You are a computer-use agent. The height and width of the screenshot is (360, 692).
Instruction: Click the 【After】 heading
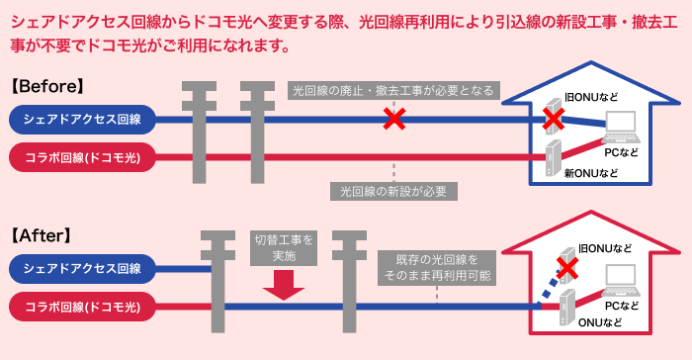click(x=43, y=236)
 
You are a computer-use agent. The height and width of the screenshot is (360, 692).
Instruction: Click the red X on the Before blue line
click(x=394, y=120)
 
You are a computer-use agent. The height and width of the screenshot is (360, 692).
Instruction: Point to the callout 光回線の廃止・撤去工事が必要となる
click(x=393, y=91)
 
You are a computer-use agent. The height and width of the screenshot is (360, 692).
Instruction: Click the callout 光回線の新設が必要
click(x=393, y=189)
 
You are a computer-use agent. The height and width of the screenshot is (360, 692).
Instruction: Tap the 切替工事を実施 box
click(x=283, y=248)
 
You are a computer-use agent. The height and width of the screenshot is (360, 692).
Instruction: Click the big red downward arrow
click(x=282, y=287)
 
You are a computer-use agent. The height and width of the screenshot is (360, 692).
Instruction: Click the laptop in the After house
click(x=623, y=276)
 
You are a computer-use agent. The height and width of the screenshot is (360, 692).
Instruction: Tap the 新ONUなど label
click(x=590, y=174)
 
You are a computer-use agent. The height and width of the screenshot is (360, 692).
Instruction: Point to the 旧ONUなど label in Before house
click(x=590, y=95)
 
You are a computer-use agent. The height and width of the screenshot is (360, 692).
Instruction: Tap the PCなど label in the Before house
click(x=622, y=153)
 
